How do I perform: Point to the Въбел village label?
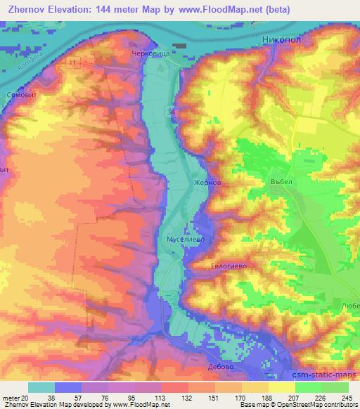281,180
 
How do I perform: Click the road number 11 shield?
74,63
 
